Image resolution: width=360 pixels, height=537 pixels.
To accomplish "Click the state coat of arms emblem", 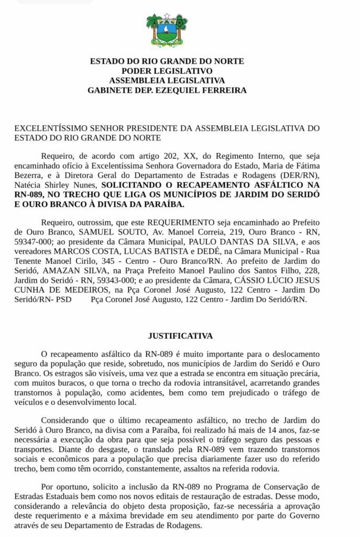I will [x=167, y=30].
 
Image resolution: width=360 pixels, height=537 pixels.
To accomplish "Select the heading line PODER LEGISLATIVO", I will [x=167, y=71].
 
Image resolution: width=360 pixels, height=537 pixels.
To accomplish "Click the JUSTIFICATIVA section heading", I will [x=180, y=335].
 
